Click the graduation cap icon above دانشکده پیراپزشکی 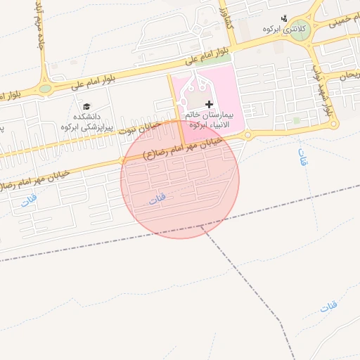tap(86, 106)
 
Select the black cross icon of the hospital tap(209, 103)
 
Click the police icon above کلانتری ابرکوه tap(284, 18)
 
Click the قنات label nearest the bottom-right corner tap(328, 307)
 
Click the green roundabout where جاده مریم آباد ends tap(46, 89)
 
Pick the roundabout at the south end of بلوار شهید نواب tap(327, 124)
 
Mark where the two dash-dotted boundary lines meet tap(203, 227)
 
